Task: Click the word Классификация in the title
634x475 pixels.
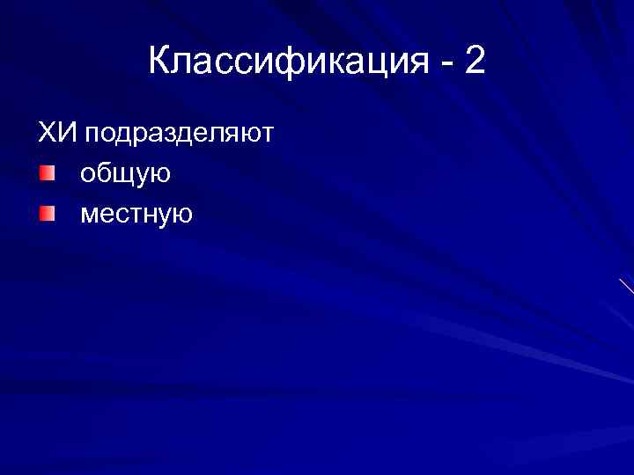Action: (287, 62)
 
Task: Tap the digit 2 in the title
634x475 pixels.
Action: (473, 61)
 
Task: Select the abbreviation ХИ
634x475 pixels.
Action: (57, 134)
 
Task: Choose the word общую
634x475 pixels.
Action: (125, 174)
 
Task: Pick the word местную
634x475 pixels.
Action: (136, 214)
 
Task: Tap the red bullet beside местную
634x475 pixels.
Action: (47, 213)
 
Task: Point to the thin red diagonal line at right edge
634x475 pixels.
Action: (626, 286)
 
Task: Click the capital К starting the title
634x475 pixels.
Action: (161, 61)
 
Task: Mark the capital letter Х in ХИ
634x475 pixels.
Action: (46, 134)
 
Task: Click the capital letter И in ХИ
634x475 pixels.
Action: (67, 134)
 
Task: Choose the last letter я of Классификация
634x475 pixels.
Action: (412, 63)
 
